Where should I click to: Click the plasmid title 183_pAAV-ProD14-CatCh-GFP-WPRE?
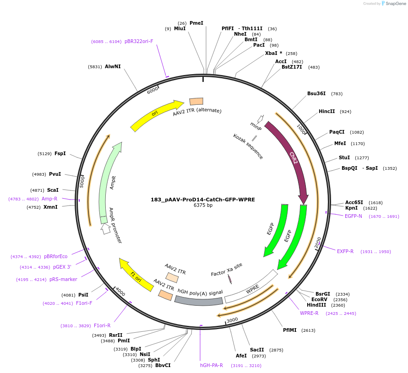[203, 200]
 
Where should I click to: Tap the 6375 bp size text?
[203, 205]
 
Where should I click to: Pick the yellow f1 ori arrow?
[136, 275]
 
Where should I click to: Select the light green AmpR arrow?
[109, 183]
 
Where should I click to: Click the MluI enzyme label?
[180, 29]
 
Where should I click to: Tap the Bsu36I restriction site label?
[316, 94]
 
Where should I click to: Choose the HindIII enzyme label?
[316, 305]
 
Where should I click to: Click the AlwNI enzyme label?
[113, 67]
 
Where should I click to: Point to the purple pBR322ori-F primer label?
[139, 42]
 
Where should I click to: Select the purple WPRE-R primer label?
[309, 314]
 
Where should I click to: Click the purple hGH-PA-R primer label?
[212, 366]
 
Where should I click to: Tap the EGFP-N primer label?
[354, 216]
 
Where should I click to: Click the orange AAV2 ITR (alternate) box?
[196, 102]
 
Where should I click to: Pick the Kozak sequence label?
[248, 146]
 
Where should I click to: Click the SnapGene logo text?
[396, 4]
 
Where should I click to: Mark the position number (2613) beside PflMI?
[308, 330]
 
